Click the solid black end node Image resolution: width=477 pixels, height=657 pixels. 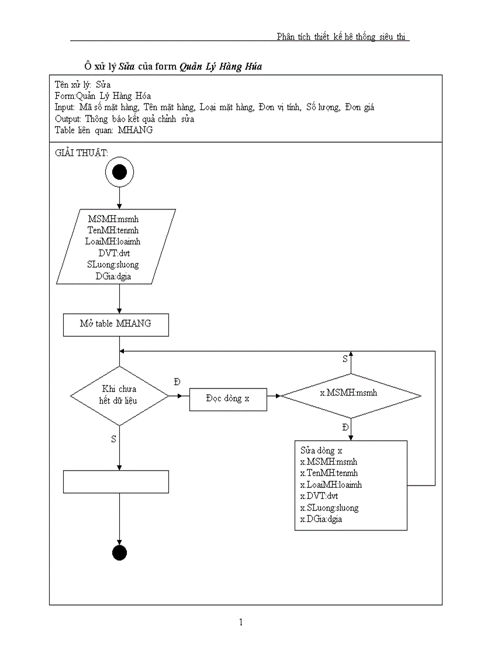(119, 552)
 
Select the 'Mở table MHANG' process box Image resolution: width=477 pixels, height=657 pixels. (116, 324)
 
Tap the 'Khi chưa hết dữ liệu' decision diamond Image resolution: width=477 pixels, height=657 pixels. (119, 396)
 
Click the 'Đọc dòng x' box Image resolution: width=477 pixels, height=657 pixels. (228, 398)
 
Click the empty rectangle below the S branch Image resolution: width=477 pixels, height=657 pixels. (116, 481)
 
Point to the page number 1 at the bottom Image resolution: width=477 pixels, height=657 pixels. (240, 622)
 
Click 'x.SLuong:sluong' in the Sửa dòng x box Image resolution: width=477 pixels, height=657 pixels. (329, 508)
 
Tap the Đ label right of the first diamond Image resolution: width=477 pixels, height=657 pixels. (177, 381)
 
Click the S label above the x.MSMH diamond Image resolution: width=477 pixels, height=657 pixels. (345, 359)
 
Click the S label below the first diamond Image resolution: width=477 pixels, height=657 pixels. (113, 439)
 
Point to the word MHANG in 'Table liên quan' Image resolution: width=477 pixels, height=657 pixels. (135, 130)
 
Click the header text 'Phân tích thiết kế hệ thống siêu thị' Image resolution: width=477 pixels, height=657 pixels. (343, 37)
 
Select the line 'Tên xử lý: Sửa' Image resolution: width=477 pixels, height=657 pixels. (78, 85)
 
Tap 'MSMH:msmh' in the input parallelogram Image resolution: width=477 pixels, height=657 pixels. (117, 219)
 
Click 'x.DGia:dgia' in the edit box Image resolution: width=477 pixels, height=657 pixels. (321, 519)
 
